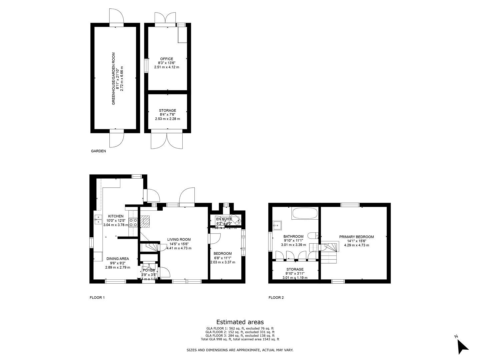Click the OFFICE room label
166,59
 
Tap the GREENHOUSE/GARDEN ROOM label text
113,79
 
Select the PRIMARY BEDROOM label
356,237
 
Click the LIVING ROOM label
179,239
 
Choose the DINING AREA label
117,259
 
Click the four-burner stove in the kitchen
133,222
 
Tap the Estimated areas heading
240,322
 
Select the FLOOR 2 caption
276,298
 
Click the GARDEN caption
98,151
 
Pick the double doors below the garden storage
167,140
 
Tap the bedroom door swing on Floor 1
215,238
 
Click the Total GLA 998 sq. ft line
240,339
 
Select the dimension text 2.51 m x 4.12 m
166,67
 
